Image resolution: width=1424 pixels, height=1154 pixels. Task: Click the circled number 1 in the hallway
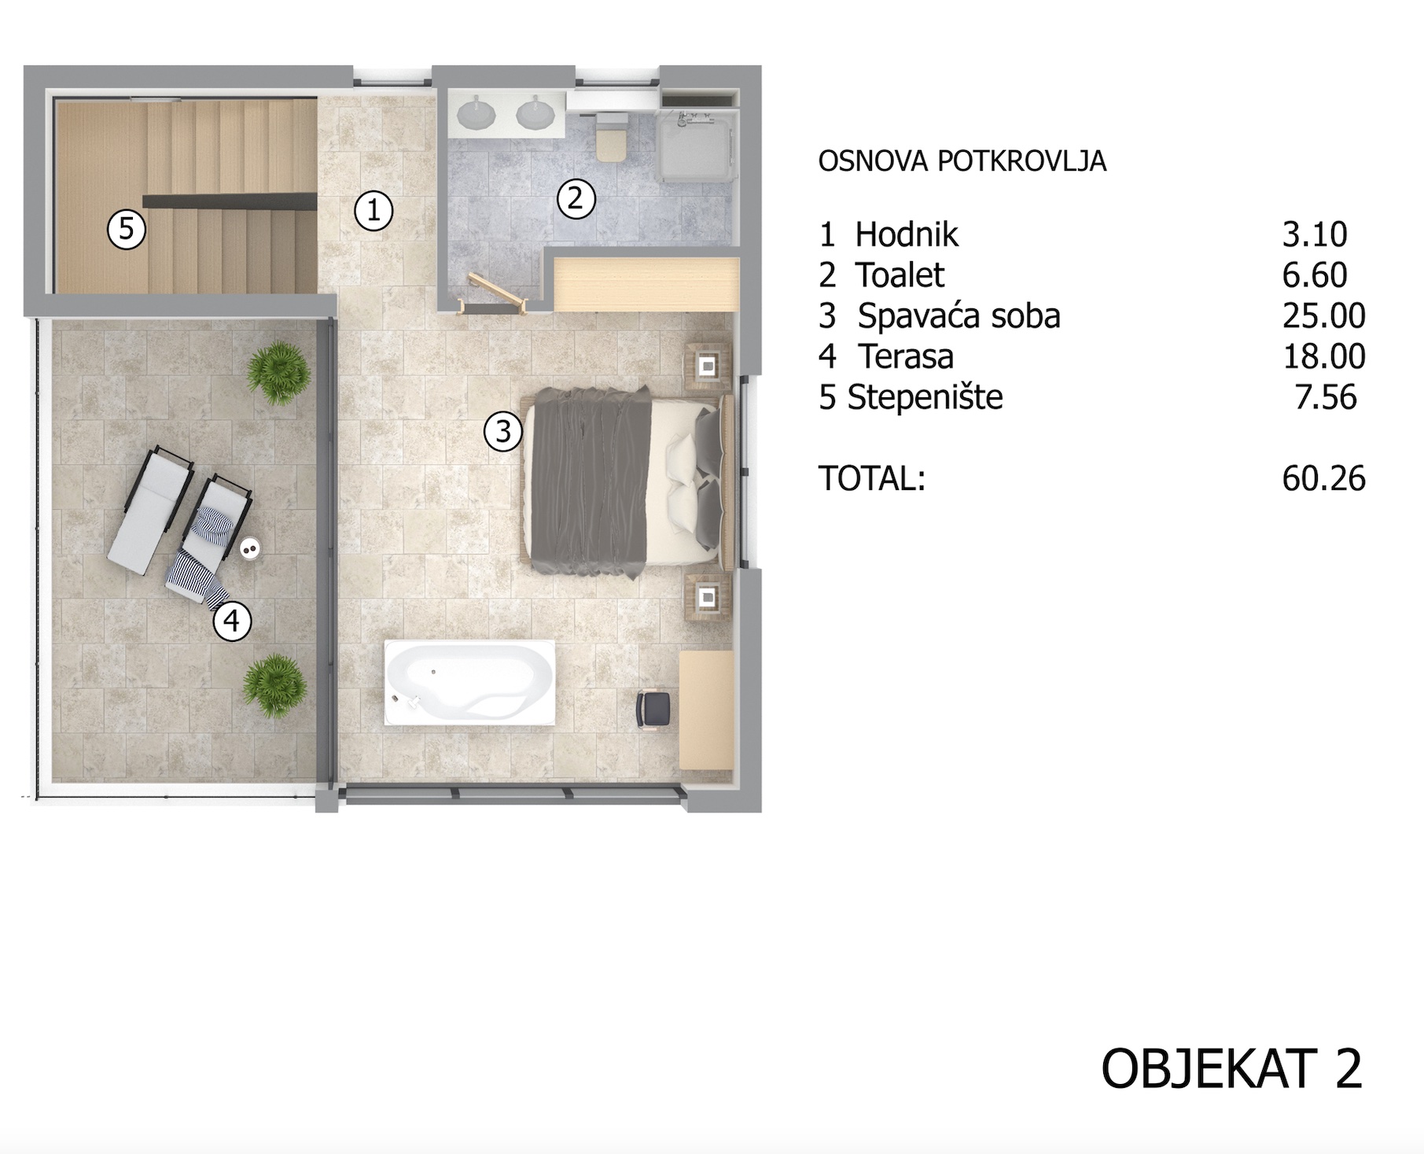click(x=373, y=211)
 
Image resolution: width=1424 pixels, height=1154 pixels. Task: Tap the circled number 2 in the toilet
click(x=576, y=199)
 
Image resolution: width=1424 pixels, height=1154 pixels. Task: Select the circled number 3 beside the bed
click(x=503, y=432)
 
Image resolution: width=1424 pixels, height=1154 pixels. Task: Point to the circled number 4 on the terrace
click(x=232, y=621)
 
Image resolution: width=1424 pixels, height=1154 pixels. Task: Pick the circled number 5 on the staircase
click(x=127, y=230)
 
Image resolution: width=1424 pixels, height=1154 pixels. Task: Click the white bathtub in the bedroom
click(x=469, y=683)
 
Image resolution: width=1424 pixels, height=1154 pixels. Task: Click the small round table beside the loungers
click(x=250, y=548)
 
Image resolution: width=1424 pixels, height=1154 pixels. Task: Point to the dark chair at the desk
click(x=653, y=709)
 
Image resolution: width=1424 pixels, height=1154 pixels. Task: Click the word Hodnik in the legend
click(x=907, y=234)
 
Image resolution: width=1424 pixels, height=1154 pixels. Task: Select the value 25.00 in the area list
click(x=1324, y=316)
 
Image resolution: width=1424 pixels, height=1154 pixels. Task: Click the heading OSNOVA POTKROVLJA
click(x=962, y=161)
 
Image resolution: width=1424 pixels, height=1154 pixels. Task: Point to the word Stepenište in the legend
click(x=925, y=397)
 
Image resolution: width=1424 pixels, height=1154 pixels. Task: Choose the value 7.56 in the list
click(x=1326, y=397)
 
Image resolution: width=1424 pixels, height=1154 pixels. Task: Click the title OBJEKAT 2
click(x=1231, y=1069)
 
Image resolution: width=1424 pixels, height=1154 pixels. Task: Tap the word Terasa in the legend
click(x=906, y=356)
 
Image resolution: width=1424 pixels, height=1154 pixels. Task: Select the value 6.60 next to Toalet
click(x=1315, y=275)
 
